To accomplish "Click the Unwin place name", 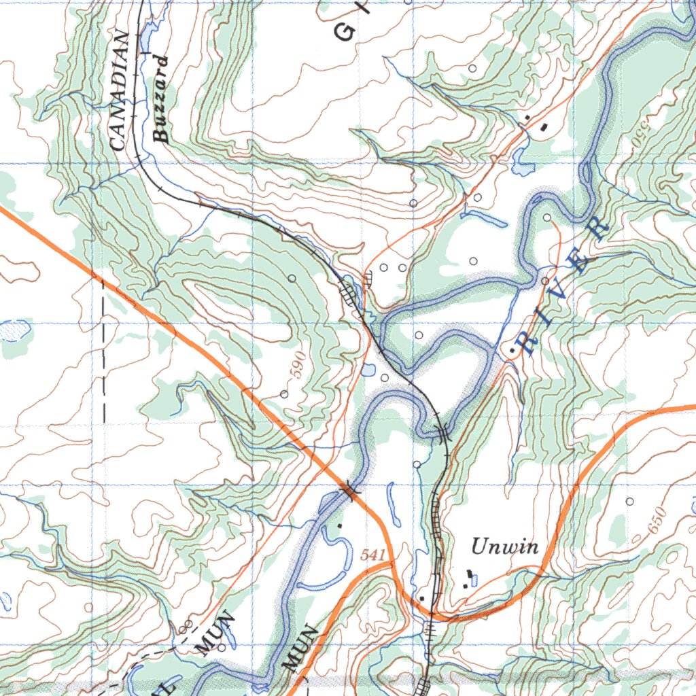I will point(505,546).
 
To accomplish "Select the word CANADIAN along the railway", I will point(119,90).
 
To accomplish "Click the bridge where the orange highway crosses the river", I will point(349,489).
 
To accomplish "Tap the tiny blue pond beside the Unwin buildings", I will point(474,580).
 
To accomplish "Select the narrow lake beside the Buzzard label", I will point(147,37).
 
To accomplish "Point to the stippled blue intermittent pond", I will point(15,331).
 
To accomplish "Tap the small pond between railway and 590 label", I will point(368,370).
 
